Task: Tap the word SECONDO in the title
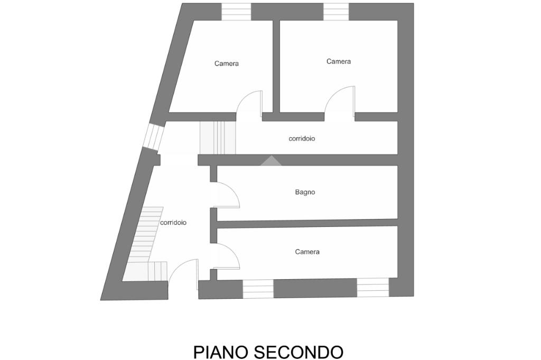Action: tap(299, 352)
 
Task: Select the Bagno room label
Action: tap(305, 192)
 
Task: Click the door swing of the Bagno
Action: tap(228, 194)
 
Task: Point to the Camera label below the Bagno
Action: tap(307, 252)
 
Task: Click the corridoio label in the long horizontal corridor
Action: tap(302, 139)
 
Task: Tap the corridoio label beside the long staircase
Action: tap(173, 223)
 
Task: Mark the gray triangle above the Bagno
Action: tap(270, 161)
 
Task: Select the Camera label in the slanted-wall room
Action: tap(227, 63)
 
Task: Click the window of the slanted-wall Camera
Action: tap(236, 12)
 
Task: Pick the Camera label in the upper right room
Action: tap(339, 62)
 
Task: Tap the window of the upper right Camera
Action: tap(336, 12)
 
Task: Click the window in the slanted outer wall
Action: tap(153, 136)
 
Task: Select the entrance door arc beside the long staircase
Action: tap(182, 270)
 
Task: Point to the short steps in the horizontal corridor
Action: tap(217, 138)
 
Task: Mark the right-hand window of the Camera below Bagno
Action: tap(373, 287)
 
